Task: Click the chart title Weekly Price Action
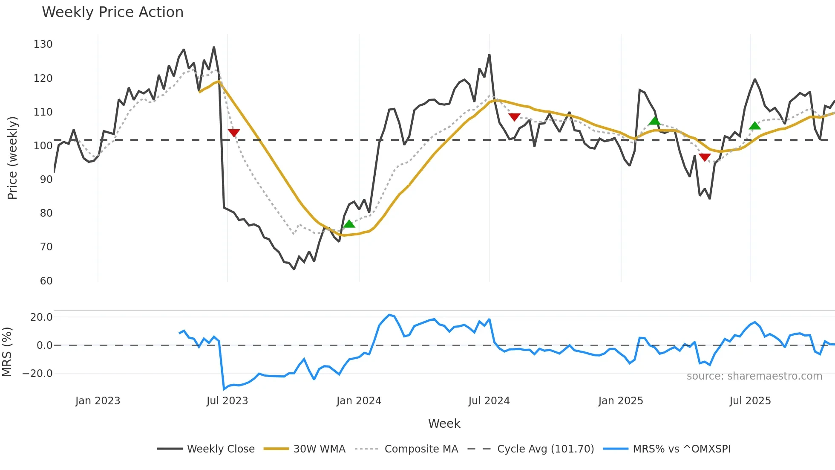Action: (x=112, y=12)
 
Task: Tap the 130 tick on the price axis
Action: (x=43, y=44)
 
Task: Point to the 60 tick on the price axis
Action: (x=46, y=281)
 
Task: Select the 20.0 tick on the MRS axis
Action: (x=41, y=317)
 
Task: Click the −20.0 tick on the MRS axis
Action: (x=37, y=374)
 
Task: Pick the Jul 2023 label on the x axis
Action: (x=227, y=401)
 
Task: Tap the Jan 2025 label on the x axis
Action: (x=620, y=401)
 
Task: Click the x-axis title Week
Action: (x=444, y=424)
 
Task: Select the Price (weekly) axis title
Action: (x=12, y=158)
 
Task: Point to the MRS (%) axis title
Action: (x=7, y=352)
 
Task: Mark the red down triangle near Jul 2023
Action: (x=234, y=133)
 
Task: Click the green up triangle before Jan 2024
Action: (x=349, y=224)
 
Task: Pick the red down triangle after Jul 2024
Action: (x=514, y=117)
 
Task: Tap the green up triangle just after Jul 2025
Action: (x=754, y=125)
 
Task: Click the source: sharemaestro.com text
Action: (x=754, y=376)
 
